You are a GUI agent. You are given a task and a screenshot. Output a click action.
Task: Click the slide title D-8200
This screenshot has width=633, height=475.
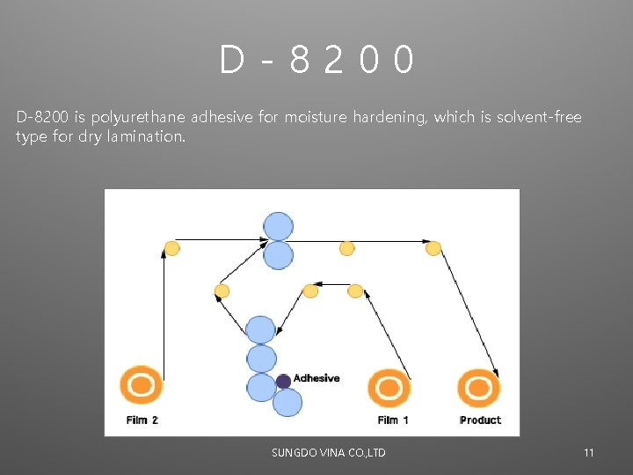click(316, 61)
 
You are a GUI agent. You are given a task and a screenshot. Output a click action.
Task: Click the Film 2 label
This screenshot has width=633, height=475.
click(142, 420)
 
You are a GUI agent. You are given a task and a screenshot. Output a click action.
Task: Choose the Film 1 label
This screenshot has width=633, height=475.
click(393, 420)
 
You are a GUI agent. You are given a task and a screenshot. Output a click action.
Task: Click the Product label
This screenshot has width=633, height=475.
click(481, 420)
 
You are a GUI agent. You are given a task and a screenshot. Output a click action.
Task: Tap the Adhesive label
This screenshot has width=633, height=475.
click(316, 378)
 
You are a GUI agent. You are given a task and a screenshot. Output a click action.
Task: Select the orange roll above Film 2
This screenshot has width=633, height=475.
click(142, 386)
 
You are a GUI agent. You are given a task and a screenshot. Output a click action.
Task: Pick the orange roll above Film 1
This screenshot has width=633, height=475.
click(389, 388)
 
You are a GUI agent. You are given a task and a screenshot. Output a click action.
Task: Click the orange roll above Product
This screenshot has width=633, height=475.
click(479, 388)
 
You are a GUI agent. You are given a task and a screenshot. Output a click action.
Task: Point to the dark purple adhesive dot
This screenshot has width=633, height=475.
click(283, 381)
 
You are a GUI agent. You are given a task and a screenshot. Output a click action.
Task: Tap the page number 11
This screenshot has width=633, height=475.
click(589, 453)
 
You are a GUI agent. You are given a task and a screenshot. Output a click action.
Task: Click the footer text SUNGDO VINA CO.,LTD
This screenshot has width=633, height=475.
click(329, 453)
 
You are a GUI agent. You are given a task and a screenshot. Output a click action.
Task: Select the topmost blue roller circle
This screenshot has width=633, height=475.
click(279, 226)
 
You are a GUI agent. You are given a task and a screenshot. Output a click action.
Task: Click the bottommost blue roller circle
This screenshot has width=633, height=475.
click(287, 403)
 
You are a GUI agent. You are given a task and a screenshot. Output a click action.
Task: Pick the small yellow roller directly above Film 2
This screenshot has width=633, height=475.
click(172, 249)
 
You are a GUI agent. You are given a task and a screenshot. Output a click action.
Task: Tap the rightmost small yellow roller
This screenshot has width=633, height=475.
click(433, 249)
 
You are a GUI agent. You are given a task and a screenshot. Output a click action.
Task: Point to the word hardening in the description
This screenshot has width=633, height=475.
click(390, 117)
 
